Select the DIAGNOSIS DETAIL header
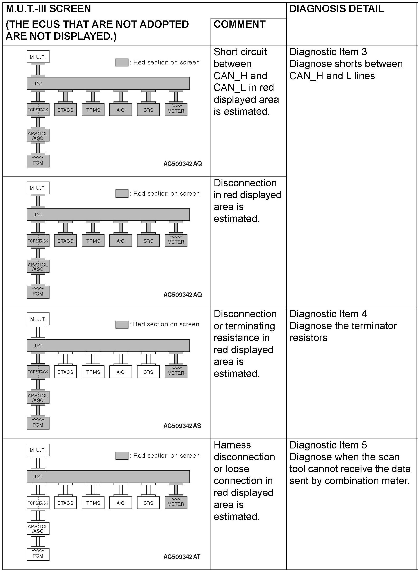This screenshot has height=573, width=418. coord(336,9)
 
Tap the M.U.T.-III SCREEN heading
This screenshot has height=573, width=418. coord(48,9)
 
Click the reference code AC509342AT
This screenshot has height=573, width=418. coord(182,556)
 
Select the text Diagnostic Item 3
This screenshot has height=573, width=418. coord(328,52)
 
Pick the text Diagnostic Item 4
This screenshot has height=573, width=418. coord(328,314)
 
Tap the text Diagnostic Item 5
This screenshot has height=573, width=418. coord(328,445)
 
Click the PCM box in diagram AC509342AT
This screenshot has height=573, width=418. coord(38,554)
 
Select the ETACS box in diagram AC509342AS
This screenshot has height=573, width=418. coord(65,372)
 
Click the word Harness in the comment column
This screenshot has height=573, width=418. coord(232,445)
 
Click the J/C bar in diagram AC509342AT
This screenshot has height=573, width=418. coord(108,477)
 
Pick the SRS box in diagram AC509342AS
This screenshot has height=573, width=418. coord(148,372)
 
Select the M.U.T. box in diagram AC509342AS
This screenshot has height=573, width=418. coord(38,319)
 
